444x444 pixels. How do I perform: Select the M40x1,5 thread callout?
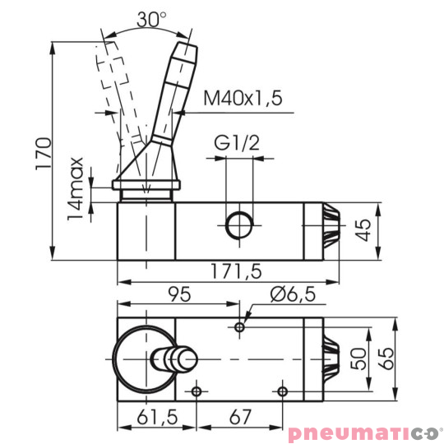point(243,99)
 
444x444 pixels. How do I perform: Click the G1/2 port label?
point(238,144)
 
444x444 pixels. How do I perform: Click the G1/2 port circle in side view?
point(239,224)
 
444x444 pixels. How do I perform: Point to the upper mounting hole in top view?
point(239,327)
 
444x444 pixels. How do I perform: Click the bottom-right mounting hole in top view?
point(282,391)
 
